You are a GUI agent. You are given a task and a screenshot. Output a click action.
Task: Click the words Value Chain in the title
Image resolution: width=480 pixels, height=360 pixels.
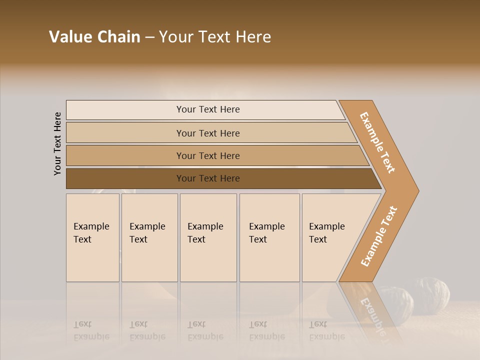(94, 37)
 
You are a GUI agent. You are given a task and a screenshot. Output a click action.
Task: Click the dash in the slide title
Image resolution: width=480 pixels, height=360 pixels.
(149, 37)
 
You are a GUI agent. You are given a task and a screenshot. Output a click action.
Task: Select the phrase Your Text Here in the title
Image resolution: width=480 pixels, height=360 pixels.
(215, 37)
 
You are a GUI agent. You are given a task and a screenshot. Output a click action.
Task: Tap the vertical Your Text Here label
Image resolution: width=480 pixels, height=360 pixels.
(57, 144)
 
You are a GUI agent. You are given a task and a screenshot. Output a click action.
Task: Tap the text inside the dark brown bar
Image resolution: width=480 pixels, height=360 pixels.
(208, 178)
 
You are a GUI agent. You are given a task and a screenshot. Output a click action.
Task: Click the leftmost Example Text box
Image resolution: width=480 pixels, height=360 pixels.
(92, 237)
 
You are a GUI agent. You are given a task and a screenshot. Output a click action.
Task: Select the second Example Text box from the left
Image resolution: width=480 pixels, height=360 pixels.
(149, 237)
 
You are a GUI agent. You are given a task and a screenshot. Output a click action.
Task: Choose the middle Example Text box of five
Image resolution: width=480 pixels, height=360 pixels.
(208, 237)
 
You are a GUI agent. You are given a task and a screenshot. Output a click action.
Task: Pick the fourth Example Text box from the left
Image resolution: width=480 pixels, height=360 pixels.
(269, 237)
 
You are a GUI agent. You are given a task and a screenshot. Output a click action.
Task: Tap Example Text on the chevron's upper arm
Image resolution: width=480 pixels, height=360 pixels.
(378, 142)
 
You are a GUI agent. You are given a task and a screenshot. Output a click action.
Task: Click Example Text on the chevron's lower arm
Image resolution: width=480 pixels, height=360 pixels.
(379, 236)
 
